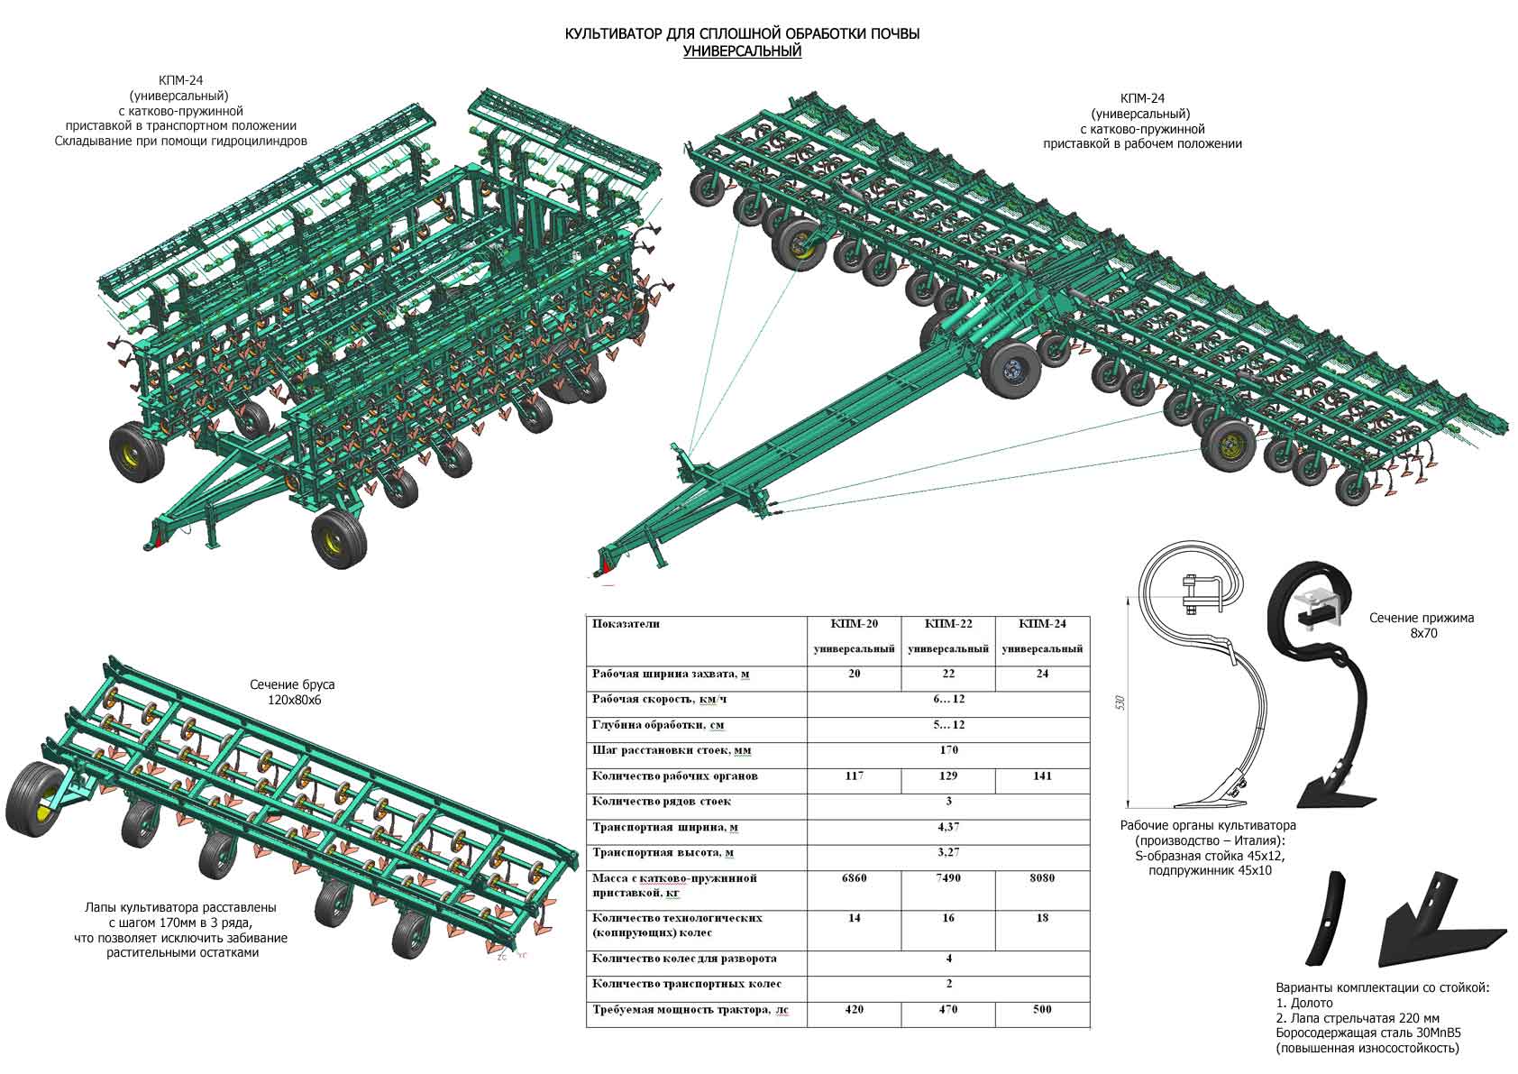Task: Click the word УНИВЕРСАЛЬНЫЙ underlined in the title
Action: pyautogui.click(x=742, y=51)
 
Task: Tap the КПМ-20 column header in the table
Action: pyautogui.click(x=854, y=624)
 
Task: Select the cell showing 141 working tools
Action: pyautogui.click(x=1042, y=776)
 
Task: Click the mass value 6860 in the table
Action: pyautogui.click(x=854, y=878)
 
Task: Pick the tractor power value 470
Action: pyautogui.click(x=947, y=1009)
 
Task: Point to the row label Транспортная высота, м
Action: pyautogui.click(x=663, y=852)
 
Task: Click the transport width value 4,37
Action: pyautogui.click(x=948, y=827)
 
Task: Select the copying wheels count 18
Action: pyautogui.click(x=1042, y=918)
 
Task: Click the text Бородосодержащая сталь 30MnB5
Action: pyautogui.click(x=1367, y=1033)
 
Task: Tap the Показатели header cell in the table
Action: pyautogui.click(x=626, y=624)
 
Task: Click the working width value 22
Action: pyautogui.click(x=948, y=674)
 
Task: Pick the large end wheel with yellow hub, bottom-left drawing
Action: pyautogui.click(x=34, y=799)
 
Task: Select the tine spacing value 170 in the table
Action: pyautogui.click(x=948, y=750)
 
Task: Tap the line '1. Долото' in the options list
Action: pyautogui.click(x=1304, y=1003)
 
